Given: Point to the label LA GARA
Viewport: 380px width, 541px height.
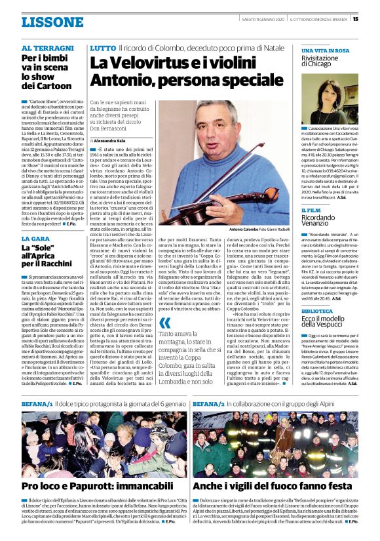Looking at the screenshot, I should (35, 239).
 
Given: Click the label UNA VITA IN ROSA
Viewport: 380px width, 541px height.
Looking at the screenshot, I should (325, 50).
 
